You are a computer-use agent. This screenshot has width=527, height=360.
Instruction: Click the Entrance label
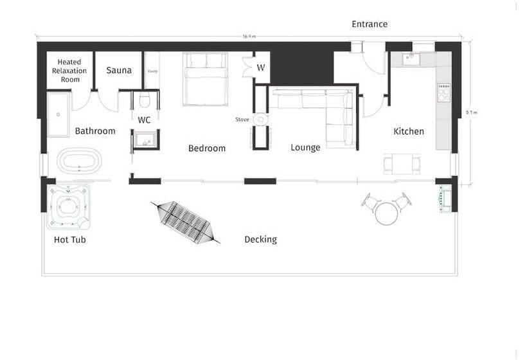click(x=370, y=24)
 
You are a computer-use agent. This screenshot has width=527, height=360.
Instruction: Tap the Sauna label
click(x=119, y=69)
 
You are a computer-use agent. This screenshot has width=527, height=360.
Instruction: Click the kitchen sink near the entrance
click(x=411, y=59)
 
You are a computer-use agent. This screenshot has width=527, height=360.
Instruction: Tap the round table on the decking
click(x=387, y=212)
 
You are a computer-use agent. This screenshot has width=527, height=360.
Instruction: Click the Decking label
click(x=260, y=240)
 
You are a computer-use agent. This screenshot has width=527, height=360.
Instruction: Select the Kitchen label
click(x=409, y=131)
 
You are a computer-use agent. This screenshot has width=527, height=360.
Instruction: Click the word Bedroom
click(x=207, y=148)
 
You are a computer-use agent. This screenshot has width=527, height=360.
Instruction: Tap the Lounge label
click(x=305, y=147)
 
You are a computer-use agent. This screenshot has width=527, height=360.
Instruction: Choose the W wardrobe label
click(x=261, y=67)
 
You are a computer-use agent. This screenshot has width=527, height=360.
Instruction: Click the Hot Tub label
click(x=70, y=240)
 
